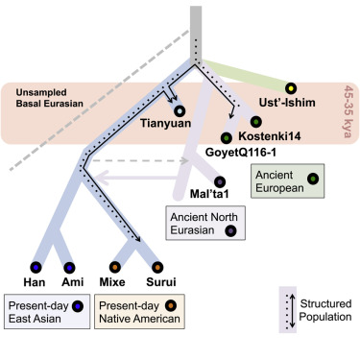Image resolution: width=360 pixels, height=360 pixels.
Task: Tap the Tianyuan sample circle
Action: click(x=180, y=111)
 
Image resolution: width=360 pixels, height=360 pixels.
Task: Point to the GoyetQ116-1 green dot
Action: click(x=226, y=137)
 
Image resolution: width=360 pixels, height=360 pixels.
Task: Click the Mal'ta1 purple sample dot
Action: click(x=220, y=180)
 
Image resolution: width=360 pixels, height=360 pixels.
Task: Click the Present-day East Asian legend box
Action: click(x=48, y=314)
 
